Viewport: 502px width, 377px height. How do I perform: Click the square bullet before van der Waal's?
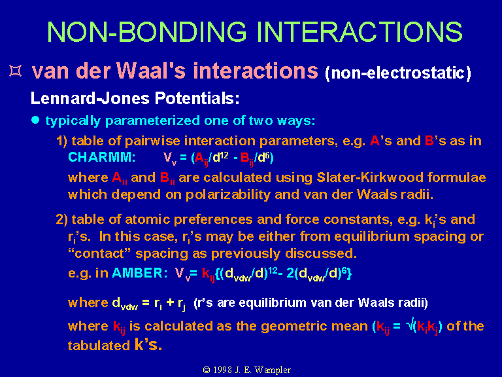click(16, 71)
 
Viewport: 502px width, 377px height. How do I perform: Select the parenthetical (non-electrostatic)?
click(398, 73)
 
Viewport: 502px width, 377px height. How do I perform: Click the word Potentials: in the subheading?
click(197, 98)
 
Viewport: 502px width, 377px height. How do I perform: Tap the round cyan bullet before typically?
click(35, 120)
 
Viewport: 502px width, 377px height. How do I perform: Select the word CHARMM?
click(102, 157)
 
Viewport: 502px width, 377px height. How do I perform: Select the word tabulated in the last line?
click(99, 346)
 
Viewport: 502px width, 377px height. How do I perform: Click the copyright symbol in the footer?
click(207, 370)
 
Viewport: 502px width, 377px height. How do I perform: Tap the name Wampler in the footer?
click(273, 370)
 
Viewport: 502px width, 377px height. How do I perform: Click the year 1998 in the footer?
click(223, 370)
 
